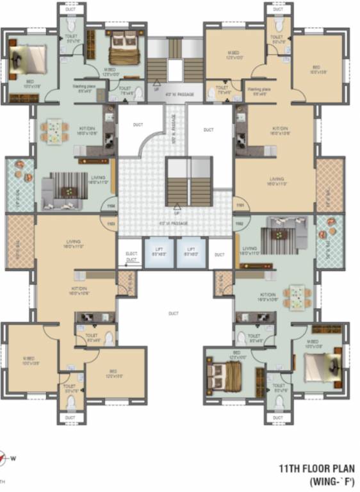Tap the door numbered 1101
[241, 206]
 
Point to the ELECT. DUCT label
[131, 258]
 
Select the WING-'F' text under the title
[331, 480]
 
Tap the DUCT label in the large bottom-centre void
[173, 313]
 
